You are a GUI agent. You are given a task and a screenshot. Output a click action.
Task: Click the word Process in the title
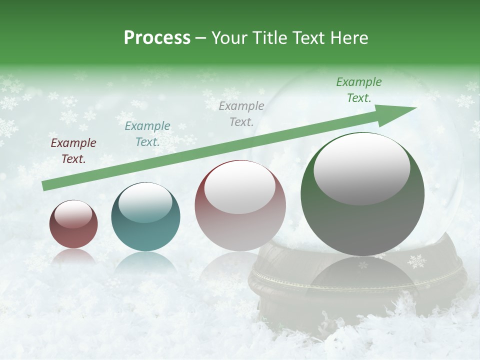[157, 37]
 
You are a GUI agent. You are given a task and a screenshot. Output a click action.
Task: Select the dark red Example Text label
[73, 151]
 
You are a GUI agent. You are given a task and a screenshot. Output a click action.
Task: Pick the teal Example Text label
[147, 134]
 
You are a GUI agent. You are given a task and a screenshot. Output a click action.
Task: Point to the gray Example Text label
[241, 114]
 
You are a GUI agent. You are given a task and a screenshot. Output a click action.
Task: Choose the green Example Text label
[359, 90]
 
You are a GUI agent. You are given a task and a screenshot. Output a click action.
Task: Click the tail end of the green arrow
[45, 186]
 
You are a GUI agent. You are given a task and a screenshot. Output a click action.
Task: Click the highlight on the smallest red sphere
[73, 214]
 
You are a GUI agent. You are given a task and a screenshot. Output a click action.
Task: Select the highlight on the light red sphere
[239, 188]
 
